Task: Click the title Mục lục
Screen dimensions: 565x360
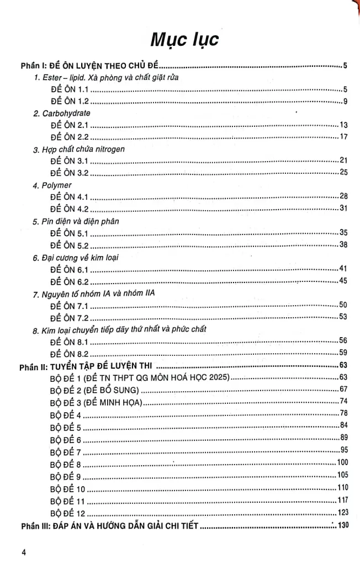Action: (x=180, y=40)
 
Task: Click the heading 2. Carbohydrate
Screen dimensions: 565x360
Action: (x=61, y=113)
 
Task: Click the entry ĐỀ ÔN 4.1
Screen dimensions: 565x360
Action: (x=69, y=197)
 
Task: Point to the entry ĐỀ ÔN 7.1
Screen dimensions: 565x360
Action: (x=69, y=305)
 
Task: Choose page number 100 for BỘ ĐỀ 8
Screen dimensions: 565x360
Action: (x=341, y=462)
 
